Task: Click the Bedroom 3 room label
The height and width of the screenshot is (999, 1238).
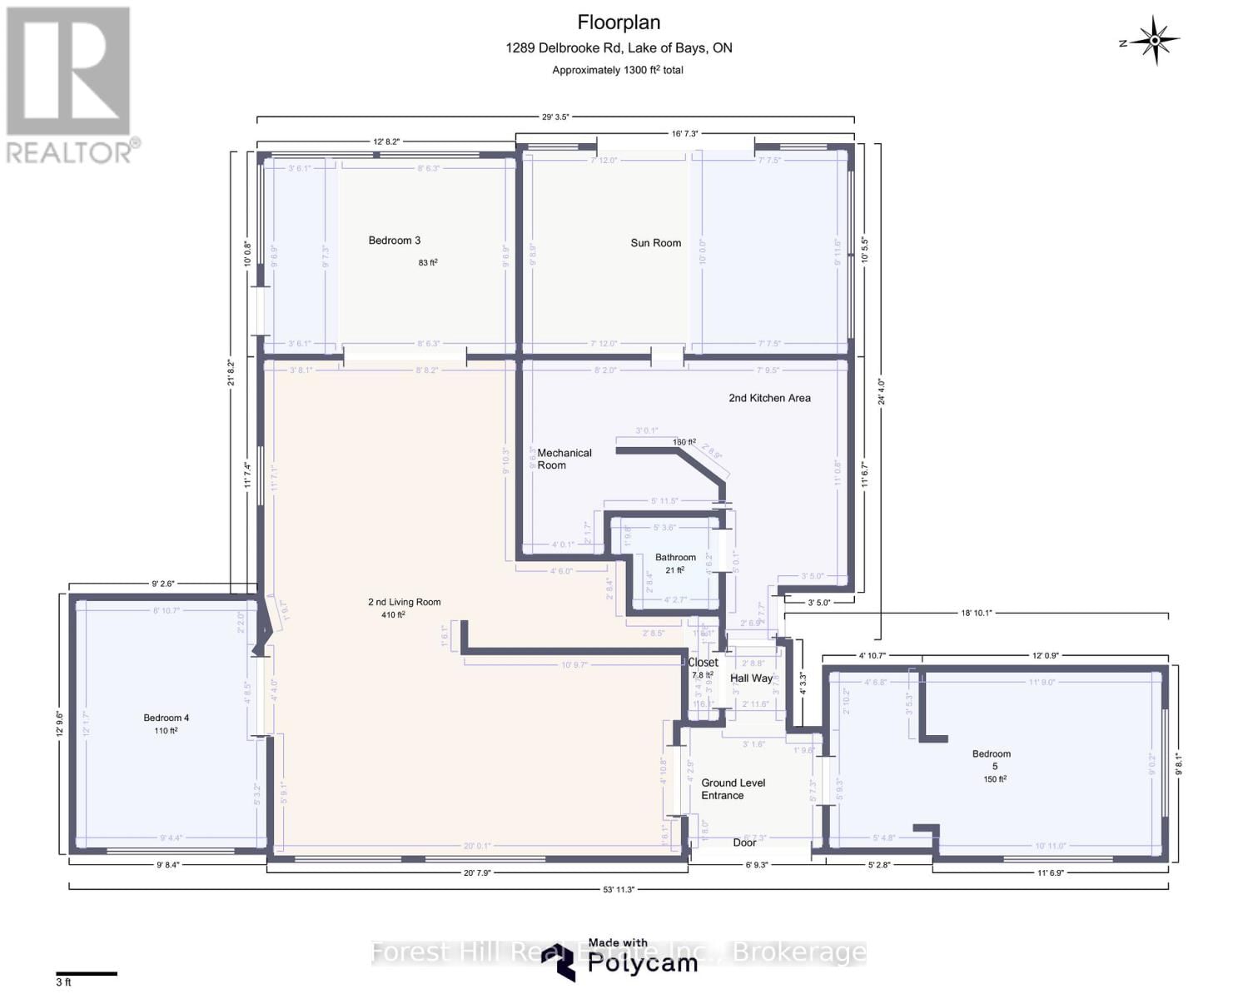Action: click(394, 241)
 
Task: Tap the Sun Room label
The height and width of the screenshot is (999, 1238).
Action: click(655, 243)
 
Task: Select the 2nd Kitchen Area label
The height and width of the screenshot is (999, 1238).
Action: click(769, 398)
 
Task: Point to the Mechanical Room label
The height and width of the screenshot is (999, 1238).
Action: click(564, 459)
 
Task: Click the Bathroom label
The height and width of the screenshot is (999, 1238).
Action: click(675, 558)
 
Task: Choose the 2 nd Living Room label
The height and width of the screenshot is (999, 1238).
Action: click(404, 602)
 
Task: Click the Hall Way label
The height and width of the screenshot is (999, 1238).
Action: click(751, 678)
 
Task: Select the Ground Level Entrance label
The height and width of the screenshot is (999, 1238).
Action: click(733, 789)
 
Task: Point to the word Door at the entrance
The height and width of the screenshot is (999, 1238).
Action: click(744, 842)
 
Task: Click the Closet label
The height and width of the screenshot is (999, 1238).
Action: click(703, 663)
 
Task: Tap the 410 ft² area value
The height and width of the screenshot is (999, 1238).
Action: click(389, 615)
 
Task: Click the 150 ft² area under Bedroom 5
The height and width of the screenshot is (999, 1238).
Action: click(994, 779)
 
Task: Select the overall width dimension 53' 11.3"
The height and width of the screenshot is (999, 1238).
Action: click(619, 889)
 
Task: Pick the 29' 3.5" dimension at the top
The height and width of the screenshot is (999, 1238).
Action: click(555, 117)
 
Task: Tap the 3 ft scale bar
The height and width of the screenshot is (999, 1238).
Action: click(87, 973)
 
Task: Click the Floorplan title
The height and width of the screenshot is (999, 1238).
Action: click(619, 22)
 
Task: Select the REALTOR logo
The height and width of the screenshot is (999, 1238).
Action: click(69, 83)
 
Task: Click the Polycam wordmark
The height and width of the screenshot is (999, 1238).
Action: click(642, 963)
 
